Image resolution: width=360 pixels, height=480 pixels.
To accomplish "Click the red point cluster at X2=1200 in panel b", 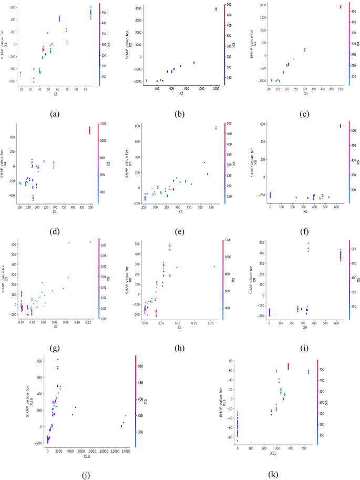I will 215,9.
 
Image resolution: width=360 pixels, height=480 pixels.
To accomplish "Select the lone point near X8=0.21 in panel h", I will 214,267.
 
